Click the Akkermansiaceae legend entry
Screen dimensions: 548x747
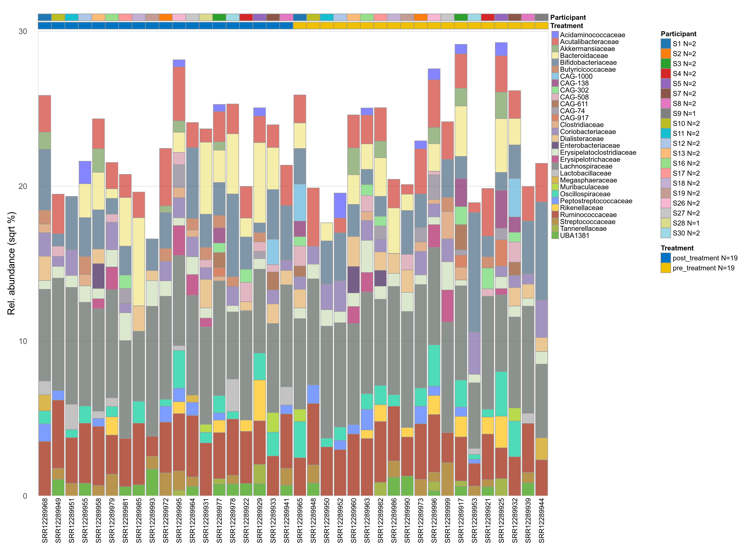tap(587, 49)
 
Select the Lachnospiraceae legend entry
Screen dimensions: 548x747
tap(586, 166)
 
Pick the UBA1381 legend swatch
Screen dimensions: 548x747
tap(555, 235)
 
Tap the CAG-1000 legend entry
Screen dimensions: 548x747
tap(576, 76)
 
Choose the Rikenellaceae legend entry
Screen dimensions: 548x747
tap(581, 208)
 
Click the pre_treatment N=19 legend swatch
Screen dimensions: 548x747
tap(665, 268)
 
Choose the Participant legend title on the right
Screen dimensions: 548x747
tap(678, 34)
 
